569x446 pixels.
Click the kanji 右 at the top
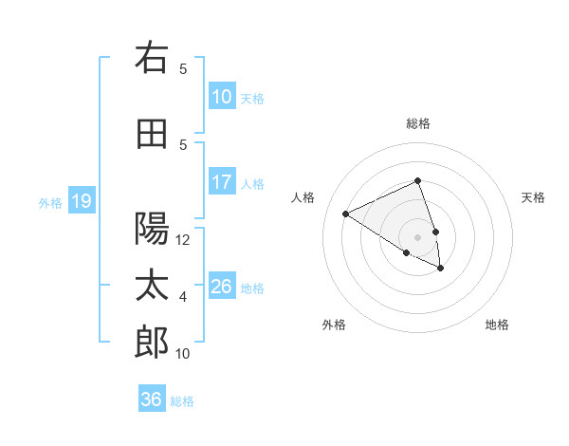tap(153, 58)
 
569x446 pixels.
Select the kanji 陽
tap(153, 229)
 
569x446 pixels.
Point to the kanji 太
tap(153, 286)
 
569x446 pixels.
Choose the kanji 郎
tap(153, 343)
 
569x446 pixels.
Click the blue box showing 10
tap(221, 97)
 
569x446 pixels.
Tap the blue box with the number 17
tap(221, 182)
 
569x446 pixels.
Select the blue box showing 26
tap(221, 287)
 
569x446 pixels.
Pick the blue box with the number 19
tap(81, 201)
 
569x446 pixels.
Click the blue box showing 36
tap(152, 400)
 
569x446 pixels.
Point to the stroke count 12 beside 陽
tap(183, 240)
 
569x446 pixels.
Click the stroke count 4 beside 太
tap(183, 297)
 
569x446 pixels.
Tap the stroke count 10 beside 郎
tap(183, 354)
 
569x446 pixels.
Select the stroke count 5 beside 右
tap(183, 69)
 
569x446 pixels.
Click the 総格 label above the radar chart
tap(417, 123)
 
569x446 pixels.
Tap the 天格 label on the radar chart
tap(533, 197)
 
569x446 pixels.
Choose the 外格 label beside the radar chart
tap(334, 325)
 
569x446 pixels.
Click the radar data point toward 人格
tap(346, 214)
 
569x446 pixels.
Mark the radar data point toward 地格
tap(441, 269)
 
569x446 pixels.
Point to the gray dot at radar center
tap(417, 237)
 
